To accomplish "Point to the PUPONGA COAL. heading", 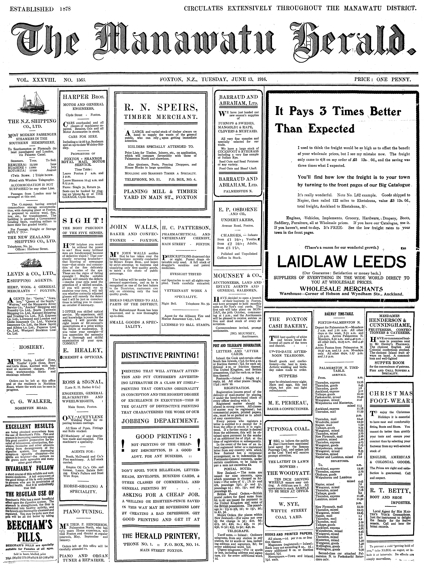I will [288, 429].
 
